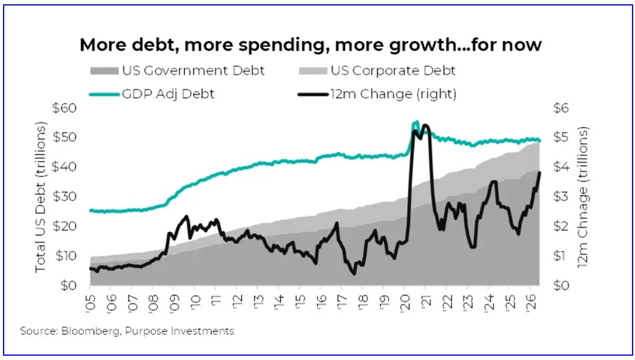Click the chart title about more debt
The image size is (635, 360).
click(x=311, y=45)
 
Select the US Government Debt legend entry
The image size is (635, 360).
click(x=177, y=71)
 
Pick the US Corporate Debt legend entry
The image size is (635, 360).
click(x=377, y=71)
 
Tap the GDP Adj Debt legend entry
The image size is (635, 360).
click(x=152, y=94)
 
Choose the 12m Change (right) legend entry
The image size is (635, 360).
click(x=377, y=94)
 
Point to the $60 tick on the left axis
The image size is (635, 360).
click(x=64, y=108)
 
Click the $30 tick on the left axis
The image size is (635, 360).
click(x=64, y=197)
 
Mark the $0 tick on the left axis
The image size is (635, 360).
click(x=68, y=286)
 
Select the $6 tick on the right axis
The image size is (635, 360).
click(x=561, y=108)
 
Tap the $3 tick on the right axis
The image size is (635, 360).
click(x=561, y=197)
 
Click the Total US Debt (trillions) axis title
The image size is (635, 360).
click(x=40, y=197)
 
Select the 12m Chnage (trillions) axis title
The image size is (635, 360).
click(x=583, y=197)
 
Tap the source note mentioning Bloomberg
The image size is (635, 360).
click(x=127, y=331)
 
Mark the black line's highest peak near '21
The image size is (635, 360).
click(x=425, y=125)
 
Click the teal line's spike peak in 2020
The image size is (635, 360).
click(x=416, y=121)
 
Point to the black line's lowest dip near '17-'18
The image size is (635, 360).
click(x=354, y=274)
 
